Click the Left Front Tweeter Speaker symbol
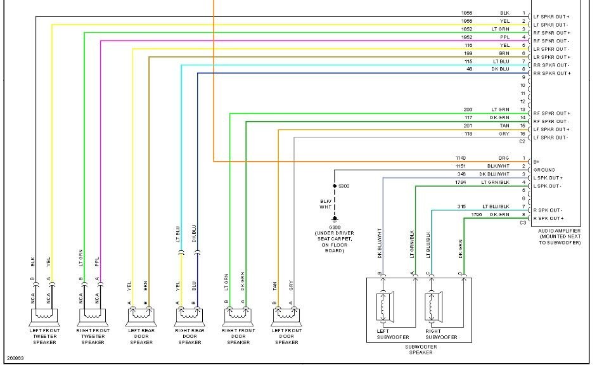click(x=43, y=315)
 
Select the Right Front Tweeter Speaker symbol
click(x=90, y=315)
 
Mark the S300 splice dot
click(x=335, y=186)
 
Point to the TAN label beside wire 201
click(x=504, y=126)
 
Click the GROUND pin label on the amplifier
click(x=545, y=170)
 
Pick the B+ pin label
click(x=537, y=161)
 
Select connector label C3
click(x=523, y=222)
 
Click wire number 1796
click(x=478, y=215)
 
